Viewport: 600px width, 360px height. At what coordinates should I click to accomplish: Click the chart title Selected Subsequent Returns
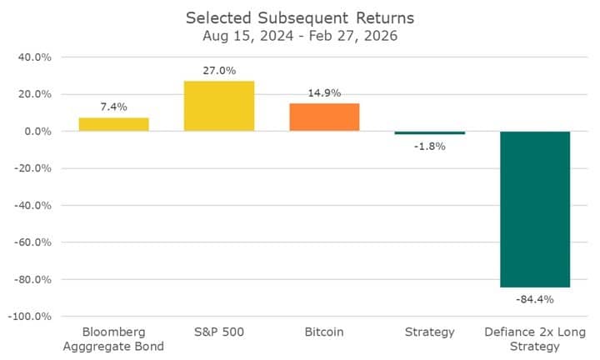coord(300,17)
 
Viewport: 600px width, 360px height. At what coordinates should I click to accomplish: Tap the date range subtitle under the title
coord(300,37)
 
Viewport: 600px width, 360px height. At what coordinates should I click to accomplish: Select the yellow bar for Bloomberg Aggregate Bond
coord(114,124)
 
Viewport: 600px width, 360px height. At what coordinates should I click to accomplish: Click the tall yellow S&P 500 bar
coord(219,106)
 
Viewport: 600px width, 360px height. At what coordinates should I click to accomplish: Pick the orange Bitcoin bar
coord(324,117)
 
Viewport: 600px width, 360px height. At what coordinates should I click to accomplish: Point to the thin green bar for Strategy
coord(430,133)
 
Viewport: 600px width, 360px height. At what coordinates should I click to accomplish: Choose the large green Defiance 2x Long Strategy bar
coord(535,209)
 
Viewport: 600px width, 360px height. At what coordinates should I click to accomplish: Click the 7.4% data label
coord(114,107)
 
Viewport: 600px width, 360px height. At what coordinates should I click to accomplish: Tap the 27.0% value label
coord(219,72)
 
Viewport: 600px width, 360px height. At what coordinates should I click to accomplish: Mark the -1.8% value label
coord(430,146)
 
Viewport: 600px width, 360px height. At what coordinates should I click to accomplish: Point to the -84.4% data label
coord(535,298)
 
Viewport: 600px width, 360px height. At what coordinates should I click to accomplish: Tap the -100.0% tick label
coord(32,317)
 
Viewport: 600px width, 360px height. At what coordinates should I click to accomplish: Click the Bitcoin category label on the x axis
coord(324,332)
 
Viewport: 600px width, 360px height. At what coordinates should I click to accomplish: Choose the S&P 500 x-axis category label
coord(219,332)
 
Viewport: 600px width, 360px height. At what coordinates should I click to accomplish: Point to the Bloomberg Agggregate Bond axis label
coord(114,339)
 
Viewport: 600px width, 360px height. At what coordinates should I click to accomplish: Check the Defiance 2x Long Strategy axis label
coord(535,339)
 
